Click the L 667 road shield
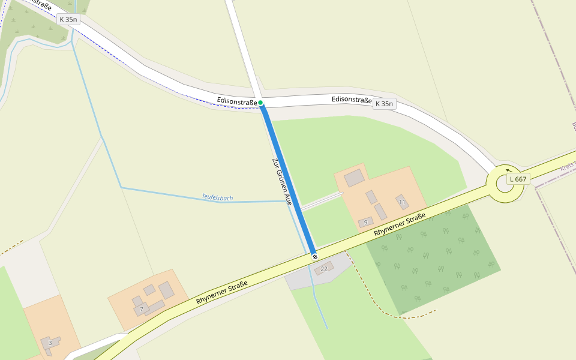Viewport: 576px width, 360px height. [518, 179]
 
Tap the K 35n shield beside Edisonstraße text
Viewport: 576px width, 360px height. [384, 104]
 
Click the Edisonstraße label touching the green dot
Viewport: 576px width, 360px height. [237, 102]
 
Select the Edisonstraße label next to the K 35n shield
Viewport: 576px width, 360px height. [352, 100]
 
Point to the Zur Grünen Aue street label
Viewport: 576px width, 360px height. [281, 182]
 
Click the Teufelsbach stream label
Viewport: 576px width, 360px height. [217, 197]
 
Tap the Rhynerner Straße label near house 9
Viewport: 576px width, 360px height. [400, 224]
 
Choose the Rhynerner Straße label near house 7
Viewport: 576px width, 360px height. [221, 293]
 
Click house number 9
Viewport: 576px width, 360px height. [365, 223]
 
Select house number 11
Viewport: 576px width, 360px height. [402, 202]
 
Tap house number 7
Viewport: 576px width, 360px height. [142, 309]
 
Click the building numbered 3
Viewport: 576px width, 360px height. [50, 343]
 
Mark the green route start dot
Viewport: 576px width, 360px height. [261, 103]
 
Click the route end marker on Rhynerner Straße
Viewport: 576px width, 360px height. [314, 257]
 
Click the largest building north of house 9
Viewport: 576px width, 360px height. [354, 178]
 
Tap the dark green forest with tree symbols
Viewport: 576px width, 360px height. [432, 258]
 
